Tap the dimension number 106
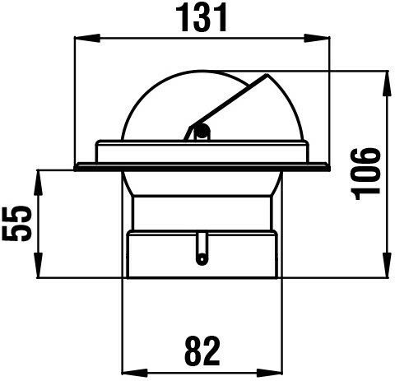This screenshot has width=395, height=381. (366, 174)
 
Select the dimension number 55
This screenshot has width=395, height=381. (16, 223)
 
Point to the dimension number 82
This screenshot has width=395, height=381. (202, 351)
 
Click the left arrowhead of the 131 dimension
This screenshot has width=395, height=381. (87, 38)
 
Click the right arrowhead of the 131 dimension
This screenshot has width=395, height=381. (317, 38)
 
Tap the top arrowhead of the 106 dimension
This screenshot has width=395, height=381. (387, 83)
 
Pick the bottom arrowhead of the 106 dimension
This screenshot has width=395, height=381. (387, 265)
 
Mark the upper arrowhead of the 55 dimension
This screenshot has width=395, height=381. (38, 183)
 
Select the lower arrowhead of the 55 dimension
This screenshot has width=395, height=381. (38, 265)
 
